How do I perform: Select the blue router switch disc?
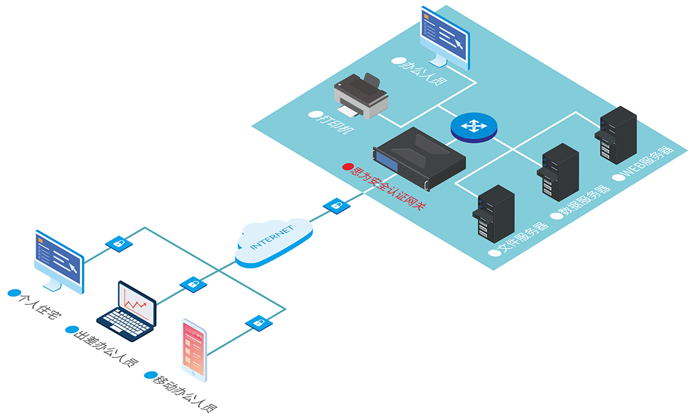473,126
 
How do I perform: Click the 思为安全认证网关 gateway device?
419,158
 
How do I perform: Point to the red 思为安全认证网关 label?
384,188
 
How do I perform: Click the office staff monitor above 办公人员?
445,37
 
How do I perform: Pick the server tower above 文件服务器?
493,213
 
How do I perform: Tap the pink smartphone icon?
194,349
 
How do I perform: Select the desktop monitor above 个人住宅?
59,260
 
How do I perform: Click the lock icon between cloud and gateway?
336,206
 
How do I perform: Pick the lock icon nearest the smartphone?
259,323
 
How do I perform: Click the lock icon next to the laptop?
193,284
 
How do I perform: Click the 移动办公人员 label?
184,392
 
